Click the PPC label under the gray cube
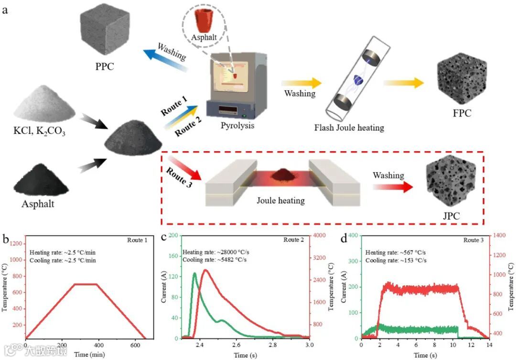105,66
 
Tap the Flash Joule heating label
349,128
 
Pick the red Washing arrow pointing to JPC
392,185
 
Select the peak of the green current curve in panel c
194,273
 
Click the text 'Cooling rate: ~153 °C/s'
396,261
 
